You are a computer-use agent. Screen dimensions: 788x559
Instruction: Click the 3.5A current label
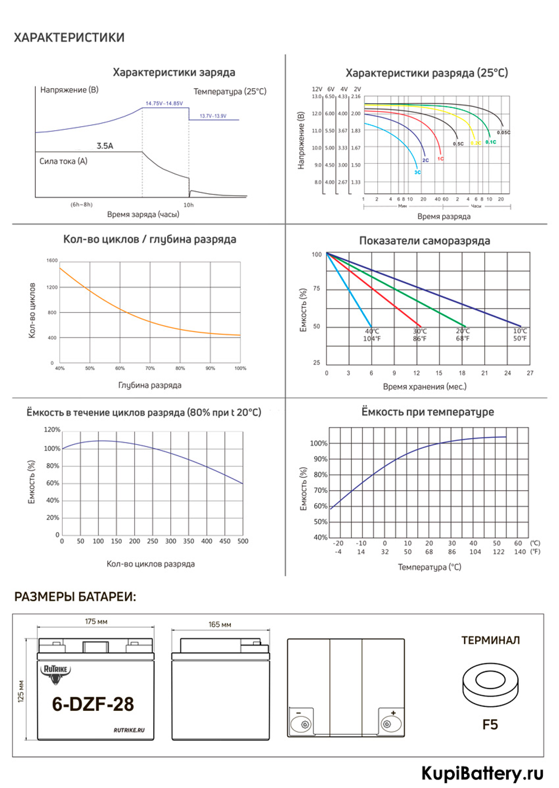click(105, 146)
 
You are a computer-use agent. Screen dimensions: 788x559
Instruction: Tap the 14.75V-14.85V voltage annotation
click(164, 103)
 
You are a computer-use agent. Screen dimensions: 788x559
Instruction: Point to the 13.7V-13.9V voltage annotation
click(213, 116)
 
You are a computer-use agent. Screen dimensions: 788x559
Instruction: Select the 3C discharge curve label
click(418, 172)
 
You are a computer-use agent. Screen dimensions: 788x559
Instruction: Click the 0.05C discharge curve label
click(503, 132)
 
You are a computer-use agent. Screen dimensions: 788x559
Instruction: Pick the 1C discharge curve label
click(440, 159)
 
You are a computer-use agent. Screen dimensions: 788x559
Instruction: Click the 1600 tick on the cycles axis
click(52, 260)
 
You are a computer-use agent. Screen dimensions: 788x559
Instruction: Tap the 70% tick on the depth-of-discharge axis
click(150, 368)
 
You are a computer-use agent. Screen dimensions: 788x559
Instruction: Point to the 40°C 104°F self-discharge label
click(372, 335)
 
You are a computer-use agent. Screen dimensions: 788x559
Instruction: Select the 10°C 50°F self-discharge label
click(520, 335)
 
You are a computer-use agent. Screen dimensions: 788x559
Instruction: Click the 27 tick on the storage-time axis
click(530, 373)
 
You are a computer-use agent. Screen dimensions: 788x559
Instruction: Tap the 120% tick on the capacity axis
click(52, 430)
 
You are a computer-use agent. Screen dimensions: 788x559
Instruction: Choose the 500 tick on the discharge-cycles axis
click(243, 541)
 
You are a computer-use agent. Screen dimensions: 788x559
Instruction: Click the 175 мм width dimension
click(96, 621)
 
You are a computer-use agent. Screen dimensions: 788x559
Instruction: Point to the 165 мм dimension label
click(220, 624)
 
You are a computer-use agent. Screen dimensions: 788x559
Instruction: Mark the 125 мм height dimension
click(21, 691)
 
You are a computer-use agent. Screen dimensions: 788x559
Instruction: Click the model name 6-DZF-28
click(93, 704)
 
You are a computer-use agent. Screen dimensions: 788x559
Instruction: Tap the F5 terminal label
click(490, 725)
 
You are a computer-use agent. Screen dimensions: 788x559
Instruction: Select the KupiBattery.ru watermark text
click(482, 773)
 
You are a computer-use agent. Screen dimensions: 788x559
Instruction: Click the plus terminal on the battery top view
click(391, 723)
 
